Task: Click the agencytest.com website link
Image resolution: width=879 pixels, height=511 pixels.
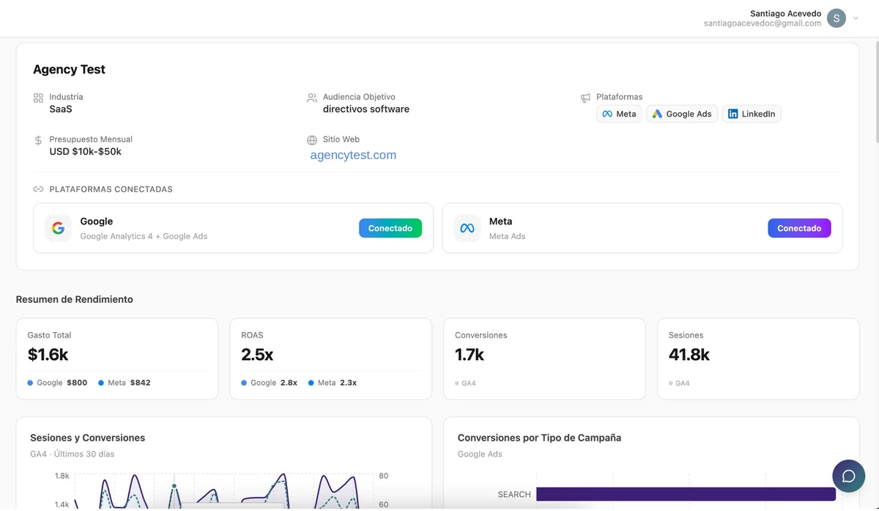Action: pyautogui.click(x=353, y=155)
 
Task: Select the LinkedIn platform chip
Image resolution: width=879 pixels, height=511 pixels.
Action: pyautogui.click(x=752, y=114)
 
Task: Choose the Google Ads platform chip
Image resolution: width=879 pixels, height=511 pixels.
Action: pyautogui.click(x=682, y=114)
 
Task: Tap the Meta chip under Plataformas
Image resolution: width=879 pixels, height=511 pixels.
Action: pyautogui.click(x=619, y=114)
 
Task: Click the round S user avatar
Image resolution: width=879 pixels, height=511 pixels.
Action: pyautogui.click(x=837, y=18)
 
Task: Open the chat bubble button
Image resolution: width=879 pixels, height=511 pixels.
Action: pyautogui.click(x=848, y=476)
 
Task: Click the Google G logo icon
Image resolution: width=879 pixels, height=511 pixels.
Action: pyautogui.click(x=58, y=228)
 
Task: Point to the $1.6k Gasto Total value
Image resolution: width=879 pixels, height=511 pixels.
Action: pyautogui.click(x=48, y=355)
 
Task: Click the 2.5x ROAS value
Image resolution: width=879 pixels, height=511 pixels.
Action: pyautogui.click(x=257, y=355)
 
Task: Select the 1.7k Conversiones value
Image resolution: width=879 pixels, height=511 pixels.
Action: pyautogui.click(x=470, y=355)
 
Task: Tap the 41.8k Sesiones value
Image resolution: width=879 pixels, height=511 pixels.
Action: pyautogui.click(x=689, y=355)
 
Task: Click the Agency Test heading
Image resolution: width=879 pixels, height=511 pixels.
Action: pyautogui.click(x=69, y=70)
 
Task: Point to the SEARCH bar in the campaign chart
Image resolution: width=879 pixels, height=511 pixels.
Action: pyautogui.click(x=685, y=494)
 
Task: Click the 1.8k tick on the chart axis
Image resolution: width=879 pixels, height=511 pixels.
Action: pyautogui.click(x=62, y=476)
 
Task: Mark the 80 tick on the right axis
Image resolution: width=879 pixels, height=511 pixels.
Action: pyautogui.click(x=383, y=476)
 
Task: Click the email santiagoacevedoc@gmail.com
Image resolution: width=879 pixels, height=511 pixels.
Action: pyautogui.click(x=762, y=23)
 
